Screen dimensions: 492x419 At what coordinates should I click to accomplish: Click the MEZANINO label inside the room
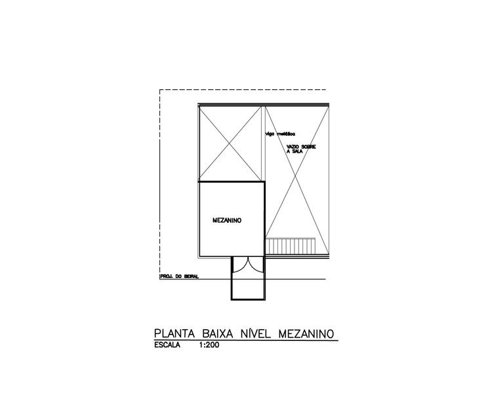click(227, 221)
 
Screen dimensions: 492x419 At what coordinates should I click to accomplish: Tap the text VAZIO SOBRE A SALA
click(301, 148)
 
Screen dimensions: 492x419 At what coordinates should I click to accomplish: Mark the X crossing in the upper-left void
click(232, 142)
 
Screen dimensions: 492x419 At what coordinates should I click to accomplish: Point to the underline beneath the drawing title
click(245, 340)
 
